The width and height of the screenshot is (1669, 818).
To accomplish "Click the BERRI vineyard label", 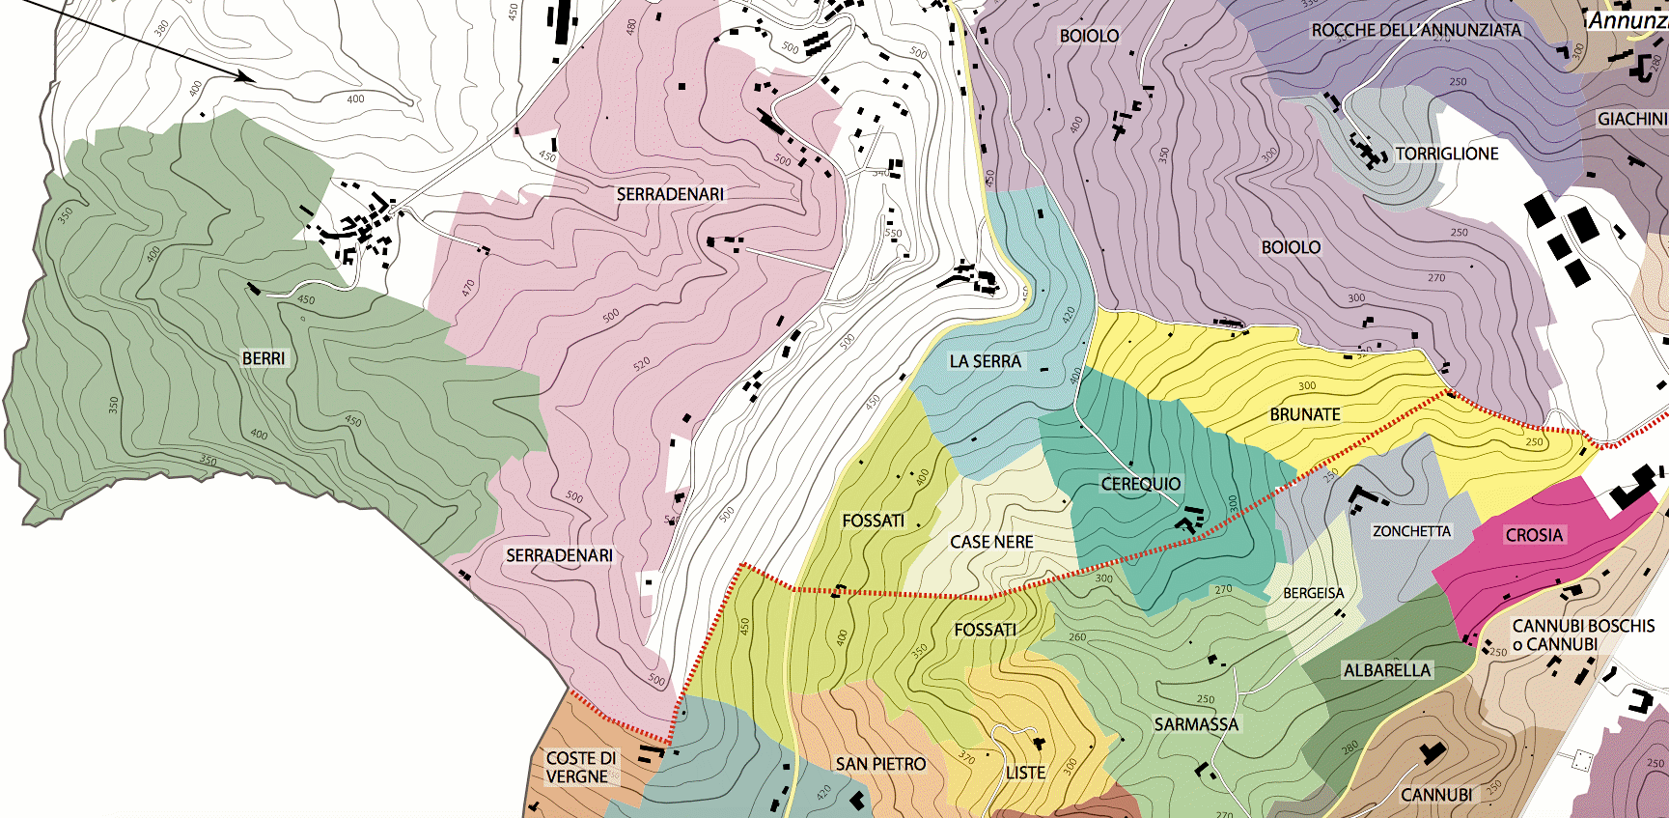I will pyautogui.click(x=264, y=358).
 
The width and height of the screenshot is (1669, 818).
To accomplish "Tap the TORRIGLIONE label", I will pyautogui.click(x=1446, y=154).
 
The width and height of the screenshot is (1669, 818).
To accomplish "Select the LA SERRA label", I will pyautogui.click(x=985, y=361).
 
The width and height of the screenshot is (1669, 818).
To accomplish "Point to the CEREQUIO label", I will pyautogui.click(x=1140, y=484).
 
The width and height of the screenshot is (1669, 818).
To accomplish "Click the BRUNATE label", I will pyautogui.click(x=1304, y=414).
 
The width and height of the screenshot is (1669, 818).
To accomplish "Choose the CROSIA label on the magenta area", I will pyautogui.click(x=1533, y=535).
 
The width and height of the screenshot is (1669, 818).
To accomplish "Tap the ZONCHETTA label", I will pyautogui.click(x=1411, y=531).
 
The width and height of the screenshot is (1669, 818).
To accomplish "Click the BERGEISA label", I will pyautogui.click(x=1313, y=593).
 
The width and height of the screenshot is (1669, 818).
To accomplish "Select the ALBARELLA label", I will pyautogui.click(x=1386, y=670).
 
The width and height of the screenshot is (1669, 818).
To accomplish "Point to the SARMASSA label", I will pyautogui.click(x=1195, y=724).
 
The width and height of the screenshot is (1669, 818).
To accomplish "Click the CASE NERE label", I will pyautogui.click(x=991, y=543).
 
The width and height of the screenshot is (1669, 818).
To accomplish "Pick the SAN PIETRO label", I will pyautogui.click(x=880, y=764).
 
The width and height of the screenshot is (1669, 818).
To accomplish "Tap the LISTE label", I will pyautogui.click(x=1025, y=773).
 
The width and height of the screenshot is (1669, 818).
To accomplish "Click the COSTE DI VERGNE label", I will pyautogui.click(x=580, y=767).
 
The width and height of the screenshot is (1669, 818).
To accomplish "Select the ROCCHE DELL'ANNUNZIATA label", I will pyautogui.click(x=1415, y=31).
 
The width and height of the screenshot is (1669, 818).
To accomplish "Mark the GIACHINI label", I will pyautogui.click(x=1631, y=119).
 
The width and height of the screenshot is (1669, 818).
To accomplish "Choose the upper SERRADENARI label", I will pyautogui.click(x=670, y=194).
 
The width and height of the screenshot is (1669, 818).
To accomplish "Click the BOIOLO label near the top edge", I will pyautogui.click(x=1089, y=36).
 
